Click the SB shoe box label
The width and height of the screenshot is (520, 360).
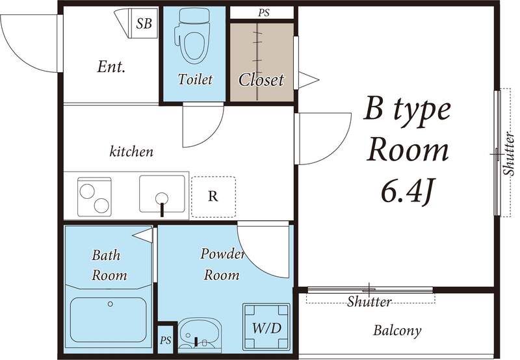click(144, 23)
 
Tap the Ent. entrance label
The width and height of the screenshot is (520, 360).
click(111, 67)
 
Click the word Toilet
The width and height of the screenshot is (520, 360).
click(195, 79)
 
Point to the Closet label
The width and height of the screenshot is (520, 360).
click(261, 80)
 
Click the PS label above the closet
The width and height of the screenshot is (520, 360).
click(264, 13)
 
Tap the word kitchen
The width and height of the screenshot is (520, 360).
click(131, 151)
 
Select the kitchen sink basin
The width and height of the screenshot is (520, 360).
click(162, 194)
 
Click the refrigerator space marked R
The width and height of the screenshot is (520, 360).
click(214, 197)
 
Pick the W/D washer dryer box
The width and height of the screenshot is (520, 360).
click(266, 327)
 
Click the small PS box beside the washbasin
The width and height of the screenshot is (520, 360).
click(166, 340)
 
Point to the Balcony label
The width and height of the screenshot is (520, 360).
click(397, 331)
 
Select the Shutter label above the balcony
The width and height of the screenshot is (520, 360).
click(369, 302)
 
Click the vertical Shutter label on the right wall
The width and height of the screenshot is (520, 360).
click(509, 153)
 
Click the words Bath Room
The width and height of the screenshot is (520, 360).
click(109, 265)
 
